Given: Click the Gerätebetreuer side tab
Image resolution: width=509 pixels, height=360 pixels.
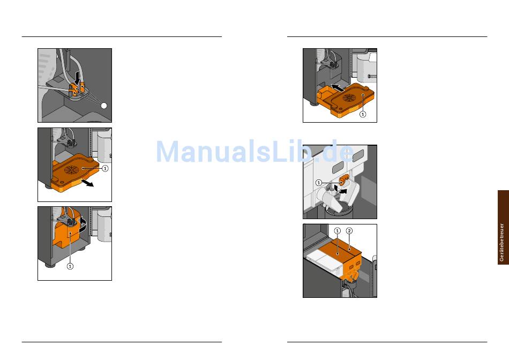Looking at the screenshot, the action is click(x=503, y=227).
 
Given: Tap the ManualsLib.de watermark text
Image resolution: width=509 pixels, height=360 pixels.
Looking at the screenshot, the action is click(x=255, y=152).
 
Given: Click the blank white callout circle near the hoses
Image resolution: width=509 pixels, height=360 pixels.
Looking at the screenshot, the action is click(x=104, y=106).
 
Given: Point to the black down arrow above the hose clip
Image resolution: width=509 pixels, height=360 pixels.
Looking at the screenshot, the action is click(x=77, y=78).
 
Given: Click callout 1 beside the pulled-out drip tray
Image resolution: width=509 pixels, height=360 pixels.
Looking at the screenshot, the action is click(x=105, y=168).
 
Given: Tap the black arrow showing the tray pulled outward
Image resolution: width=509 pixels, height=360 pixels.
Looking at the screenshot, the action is click(x=87, y=183).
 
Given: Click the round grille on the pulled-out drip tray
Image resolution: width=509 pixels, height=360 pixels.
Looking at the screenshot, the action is click(x=71, y=170).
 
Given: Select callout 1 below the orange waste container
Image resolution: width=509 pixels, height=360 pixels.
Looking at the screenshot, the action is click(x=70, y=266).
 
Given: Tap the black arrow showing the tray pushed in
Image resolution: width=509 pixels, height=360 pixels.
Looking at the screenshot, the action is click(x=338, y=87).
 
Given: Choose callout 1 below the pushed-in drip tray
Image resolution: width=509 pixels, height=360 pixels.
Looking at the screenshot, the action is click(x=363, y=114).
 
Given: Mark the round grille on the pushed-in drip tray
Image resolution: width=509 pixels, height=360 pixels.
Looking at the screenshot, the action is click(x=349, y=97).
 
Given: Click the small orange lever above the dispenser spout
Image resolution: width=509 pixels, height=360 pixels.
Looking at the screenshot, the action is click(x=344, y=179).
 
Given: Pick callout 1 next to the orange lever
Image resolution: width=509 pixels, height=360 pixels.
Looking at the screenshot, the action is click(x=318, y=183).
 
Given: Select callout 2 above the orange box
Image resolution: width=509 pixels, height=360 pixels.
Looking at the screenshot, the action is click(x=349, y=231).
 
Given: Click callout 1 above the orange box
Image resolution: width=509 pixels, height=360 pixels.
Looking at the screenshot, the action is click(x=337, y=231).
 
